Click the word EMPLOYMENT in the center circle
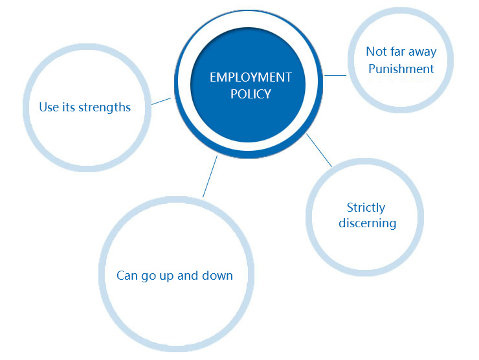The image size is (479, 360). [251, 78]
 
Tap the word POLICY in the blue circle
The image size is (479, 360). [251, 94]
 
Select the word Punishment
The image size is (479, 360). [401, 69]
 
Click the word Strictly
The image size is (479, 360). [366, 208]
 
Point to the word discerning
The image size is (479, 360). [367, 223]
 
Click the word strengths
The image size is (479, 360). [104, 107]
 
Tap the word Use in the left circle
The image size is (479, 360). [49, 107]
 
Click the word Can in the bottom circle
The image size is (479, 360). [127, 275]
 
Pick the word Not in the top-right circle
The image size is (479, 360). [376, 52]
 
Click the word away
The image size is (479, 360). [421, 52]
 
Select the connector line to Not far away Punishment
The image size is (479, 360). [335, 75]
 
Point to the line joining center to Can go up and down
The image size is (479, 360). [210, 176]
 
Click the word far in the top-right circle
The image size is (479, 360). [397, 52]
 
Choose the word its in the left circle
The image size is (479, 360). [68, 107]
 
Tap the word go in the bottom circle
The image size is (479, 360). [148, 276]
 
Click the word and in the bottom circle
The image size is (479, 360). [188, 275]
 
